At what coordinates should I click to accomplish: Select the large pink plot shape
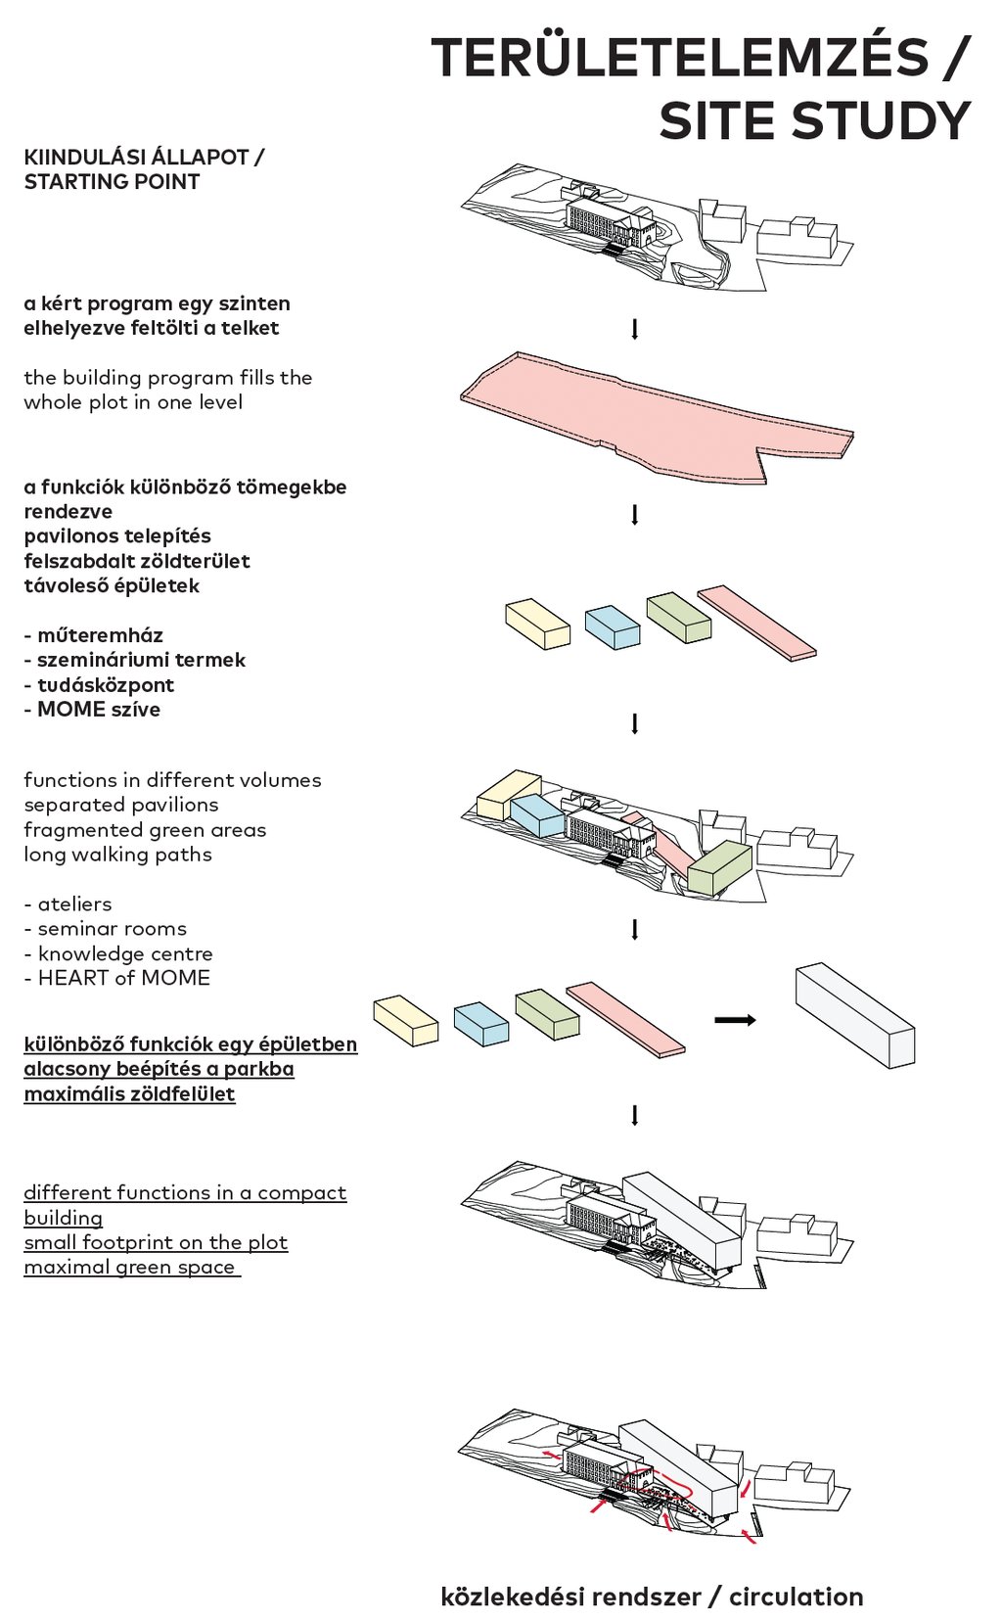coord(656,416)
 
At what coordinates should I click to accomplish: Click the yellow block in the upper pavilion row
coord(537,624)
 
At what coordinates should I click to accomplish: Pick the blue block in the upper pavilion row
coord(613,626)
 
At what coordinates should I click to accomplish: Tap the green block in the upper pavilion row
coord(678,617)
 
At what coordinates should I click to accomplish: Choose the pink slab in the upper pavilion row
coord(756,623)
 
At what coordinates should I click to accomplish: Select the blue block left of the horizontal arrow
coord(480,1023)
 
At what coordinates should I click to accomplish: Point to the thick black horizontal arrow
coord(735,1020)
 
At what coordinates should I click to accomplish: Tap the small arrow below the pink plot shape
coord(635,514)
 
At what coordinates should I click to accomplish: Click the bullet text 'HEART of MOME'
coord(123,978)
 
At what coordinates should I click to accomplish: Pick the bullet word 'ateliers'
coord(74,903)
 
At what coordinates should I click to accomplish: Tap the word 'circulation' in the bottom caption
coord(797,1598)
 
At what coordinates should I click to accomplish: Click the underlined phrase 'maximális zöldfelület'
coord(129,1094)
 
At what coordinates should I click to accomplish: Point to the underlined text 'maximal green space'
coord(130,1268)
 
